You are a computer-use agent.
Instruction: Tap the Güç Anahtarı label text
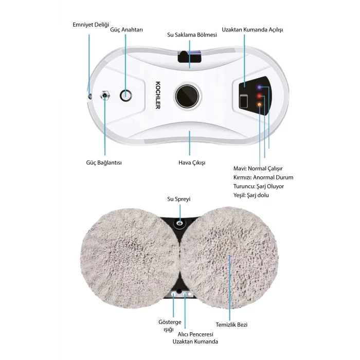pyautogui.click(x=126, y=30)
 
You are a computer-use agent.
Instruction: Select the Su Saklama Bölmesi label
pyautogui.click(x=188, y=35)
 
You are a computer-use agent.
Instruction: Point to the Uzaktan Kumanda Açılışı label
pyautogui.click(x=252, y=30)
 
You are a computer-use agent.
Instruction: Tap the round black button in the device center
pyautogui.click(x=186, y=95)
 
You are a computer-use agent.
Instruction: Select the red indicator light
pyautogui.click(x=260, y=96)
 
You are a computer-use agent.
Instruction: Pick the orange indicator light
pyautogui.click(x=260, y=105)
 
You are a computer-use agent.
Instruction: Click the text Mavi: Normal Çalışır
pyautogui.click(x=258, y=168)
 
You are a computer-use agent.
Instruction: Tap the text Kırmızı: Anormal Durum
pyautogui.click(x=263, y=177)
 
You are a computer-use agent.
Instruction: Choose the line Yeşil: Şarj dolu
pyautogui.click(x=251, y=195)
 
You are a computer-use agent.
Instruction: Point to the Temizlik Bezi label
pyautogui.click(x=231, y=325)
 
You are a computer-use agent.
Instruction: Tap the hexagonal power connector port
pyautogui.click(x=105, y=95)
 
